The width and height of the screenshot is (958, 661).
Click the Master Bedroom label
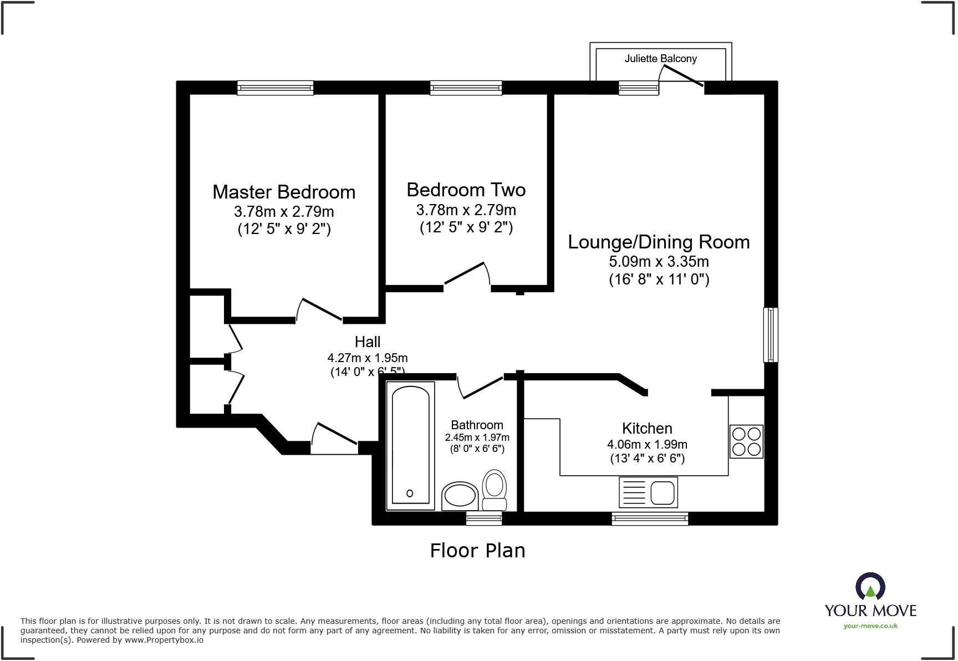284,192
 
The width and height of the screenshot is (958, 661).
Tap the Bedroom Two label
466,190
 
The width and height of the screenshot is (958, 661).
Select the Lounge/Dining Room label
659,242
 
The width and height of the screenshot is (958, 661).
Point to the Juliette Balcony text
660,58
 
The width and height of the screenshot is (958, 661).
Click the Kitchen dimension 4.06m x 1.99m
647,444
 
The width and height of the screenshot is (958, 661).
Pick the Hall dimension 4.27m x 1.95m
367,358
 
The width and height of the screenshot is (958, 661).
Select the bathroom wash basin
460,495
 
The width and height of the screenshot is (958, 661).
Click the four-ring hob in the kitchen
746,441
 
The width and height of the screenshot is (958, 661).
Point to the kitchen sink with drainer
648,492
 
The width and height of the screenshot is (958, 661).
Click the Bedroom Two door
467,275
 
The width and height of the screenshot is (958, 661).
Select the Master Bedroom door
320,310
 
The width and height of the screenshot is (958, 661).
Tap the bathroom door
480,387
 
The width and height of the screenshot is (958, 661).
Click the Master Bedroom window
276,88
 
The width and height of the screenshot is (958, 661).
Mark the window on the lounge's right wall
771,335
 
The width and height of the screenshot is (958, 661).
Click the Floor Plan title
477,550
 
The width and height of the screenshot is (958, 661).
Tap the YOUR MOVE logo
870,601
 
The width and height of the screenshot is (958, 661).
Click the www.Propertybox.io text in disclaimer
164,640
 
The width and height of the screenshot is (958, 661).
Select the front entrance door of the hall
335,434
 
